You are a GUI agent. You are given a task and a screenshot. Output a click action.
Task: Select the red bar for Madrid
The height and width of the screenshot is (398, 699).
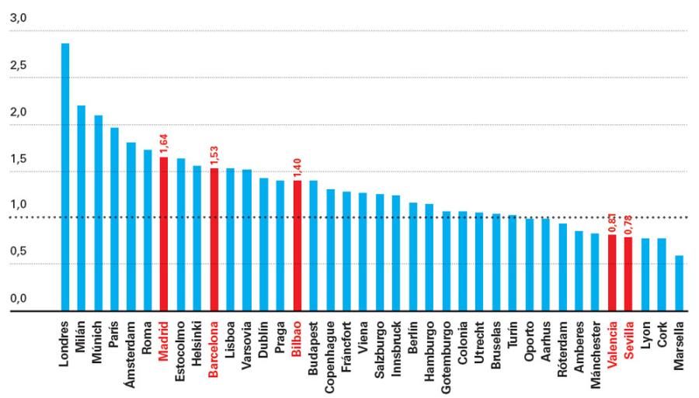(x=164, y=234)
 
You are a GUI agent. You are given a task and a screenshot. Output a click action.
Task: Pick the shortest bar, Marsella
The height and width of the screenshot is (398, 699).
(x=679, y=283)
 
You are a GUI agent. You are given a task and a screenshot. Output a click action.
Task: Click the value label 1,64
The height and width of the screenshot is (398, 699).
(x=164, y=144)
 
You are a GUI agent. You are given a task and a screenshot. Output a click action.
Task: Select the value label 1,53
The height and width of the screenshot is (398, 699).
(x=214, y=154)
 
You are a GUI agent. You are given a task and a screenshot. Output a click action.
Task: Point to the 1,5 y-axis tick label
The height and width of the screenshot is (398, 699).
(x=18, y=159)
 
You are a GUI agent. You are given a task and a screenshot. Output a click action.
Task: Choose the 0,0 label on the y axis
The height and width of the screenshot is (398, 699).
(x=18, y=299)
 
